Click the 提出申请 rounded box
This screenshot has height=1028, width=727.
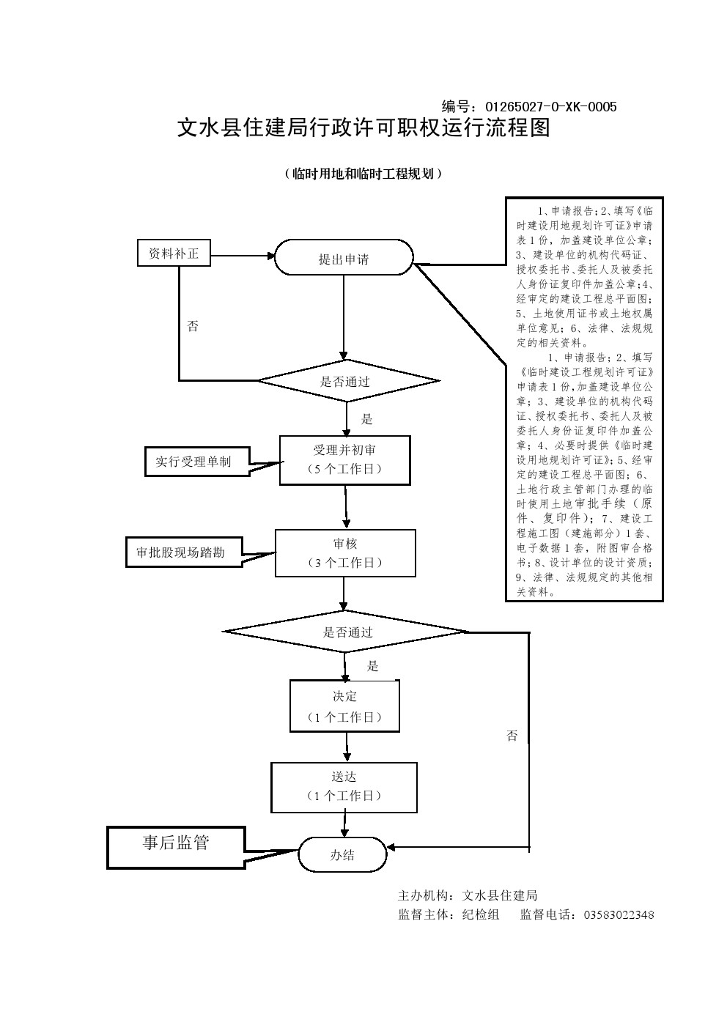[x=343, y=258]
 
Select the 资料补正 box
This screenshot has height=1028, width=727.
[x=174, y=254]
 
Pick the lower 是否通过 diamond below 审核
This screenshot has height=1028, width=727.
[x=347, y=632]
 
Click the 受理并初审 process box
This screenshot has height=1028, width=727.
[x=344, y=460]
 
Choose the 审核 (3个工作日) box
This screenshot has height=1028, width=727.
[x=344, y=553]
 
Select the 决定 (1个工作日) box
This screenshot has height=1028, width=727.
[x=344, y=706]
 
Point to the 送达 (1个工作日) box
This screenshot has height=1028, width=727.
[x=344, y=787]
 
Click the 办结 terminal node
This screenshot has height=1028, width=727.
[x=342, y=854]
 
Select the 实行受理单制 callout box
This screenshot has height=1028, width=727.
[x=193, y=462]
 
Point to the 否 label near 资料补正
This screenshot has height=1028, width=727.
[x=193, y=327]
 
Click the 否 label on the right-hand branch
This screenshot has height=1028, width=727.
[x=512, y=736]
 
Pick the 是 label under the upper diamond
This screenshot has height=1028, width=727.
[x=367, y=419]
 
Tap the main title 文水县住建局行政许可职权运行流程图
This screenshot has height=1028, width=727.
[x=363, y=129]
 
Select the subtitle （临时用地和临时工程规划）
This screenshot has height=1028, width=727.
[x=363, y=174]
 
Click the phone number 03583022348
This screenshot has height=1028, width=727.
[x=619, y=914]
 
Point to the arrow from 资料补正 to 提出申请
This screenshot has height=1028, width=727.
[x=242, y=256]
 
